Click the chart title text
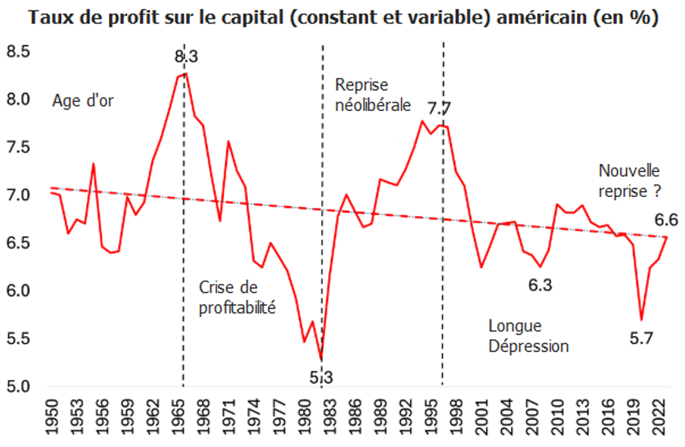pos(343,18)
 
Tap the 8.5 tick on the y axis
pos(18,51)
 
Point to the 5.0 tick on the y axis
pos(18,387)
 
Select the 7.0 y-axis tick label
pos(18,195)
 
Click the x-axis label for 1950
pos(52,417)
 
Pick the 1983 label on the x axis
pos(330,417)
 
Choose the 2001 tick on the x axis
pos(482,417)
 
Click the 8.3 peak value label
pos(187,57)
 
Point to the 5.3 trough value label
pos(321,378)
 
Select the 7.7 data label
pos(439,108)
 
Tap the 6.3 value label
pos(541,285)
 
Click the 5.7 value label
pos(641,338)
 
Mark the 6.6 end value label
pos(666,220)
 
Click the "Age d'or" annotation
pos(83,100)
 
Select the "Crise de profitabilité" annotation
pos(237,297)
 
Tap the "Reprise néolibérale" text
pos(373,94)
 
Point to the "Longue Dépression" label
pos(528,336)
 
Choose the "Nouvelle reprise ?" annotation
pos(630,180)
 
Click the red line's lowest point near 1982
pos(321,359)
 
